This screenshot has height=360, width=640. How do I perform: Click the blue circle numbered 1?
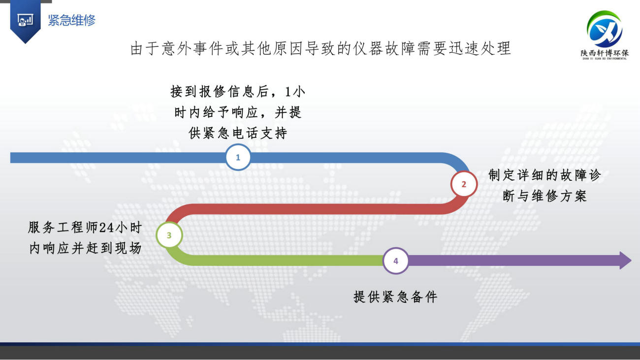click(x=238, y=158)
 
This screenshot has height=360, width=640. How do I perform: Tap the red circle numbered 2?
click(x=464, y=184)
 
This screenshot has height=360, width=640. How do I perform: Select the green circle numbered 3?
click(x=169, y=235)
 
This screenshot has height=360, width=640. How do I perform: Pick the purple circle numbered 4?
click(x=396, y=261)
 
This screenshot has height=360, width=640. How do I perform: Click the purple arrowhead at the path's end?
click(x=625, y=261)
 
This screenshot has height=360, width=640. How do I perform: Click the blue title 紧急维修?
click(x=71, y=20)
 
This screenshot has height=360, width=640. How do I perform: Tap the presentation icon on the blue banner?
click(x=25, y=20)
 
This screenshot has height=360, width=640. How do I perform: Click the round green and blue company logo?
click(x=605, y=29)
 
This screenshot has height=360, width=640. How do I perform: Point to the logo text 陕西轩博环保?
click(x=605, y=53)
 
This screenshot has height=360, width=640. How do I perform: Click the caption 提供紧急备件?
click(x=395, y=297)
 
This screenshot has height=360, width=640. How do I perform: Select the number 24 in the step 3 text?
click(x=106, y=228)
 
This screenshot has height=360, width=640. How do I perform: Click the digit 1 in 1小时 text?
click(x=288, y=92)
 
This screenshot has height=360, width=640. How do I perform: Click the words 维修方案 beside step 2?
click(x=559, y=196)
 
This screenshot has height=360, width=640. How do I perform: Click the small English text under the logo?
click(x=605, y=59)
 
